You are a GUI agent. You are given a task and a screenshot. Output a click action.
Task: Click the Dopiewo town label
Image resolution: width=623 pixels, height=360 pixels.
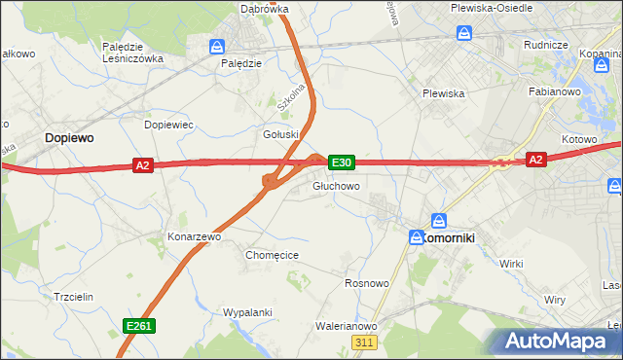tap(68, 138)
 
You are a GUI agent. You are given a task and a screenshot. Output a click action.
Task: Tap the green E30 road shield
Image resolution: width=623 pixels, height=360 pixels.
tap(341, 162)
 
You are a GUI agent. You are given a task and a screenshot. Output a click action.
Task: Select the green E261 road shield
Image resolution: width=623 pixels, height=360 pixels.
tap(137, 326)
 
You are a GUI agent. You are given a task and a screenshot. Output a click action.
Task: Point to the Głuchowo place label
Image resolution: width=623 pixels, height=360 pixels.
tap(337, 185)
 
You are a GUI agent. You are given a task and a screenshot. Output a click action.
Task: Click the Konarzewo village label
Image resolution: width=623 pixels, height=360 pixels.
tap(195, 236)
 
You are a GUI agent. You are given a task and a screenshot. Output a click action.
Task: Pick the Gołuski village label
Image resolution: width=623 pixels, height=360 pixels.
tap(280, 134)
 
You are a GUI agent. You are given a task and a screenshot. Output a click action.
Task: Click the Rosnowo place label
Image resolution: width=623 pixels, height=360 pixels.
tap(367, 283)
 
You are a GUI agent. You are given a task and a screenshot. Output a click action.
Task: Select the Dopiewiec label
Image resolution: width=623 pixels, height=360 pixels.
tap(169, 126)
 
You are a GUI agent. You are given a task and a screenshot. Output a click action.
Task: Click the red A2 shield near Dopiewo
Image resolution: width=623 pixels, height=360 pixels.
tap(143, 166)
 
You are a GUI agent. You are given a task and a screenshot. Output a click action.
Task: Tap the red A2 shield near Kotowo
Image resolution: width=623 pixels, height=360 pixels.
tap(535, 159)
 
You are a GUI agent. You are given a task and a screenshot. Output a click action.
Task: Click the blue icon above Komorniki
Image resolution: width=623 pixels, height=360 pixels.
tap(439, 221)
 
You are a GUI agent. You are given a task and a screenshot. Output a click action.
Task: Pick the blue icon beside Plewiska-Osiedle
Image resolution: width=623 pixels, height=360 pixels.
tap(465, 33)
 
